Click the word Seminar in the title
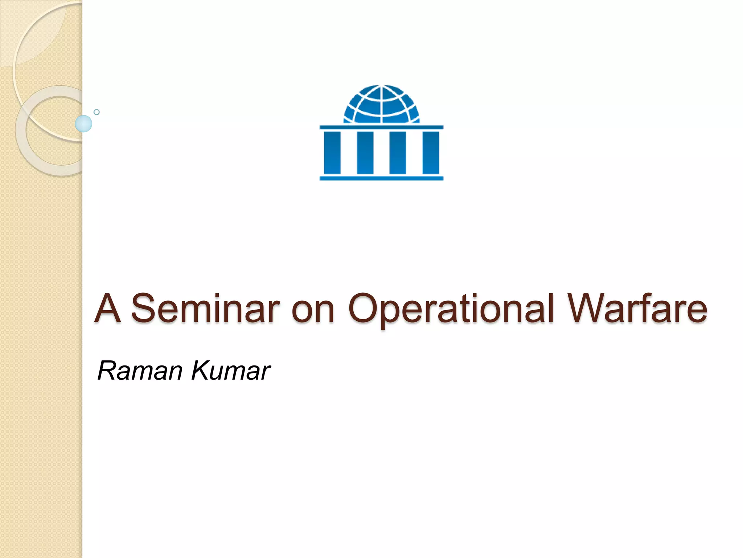205,309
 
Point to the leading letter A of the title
107,309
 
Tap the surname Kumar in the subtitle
231,371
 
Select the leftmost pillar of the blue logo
332,153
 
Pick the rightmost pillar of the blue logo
431,153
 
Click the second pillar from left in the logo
365,153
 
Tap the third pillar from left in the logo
398,153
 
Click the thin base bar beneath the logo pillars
381,178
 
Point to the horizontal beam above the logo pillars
381,127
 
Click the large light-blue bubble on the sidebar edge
83,124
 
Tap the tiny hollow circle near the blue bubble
97,112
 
